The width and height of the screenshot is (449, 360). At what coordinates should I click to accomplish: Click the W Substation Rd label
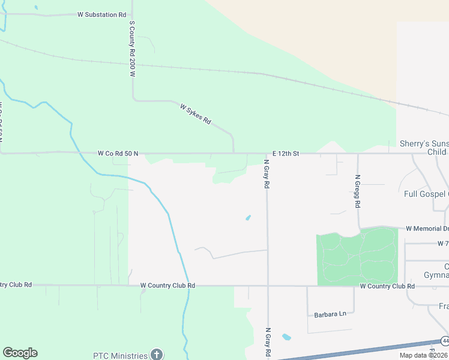tap(102, 14)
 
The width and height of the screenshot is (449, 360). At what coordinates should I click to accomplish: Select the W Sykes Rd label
tap(196, 113)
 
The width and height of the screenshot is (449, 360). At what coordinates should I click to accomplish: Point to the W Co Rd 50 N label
tap(118, 154)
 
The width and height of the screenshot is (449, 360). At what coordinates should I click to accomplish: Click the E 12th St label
tap(285, 154)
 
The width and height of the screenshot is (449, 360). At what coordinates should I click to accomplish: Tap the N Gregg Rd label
tap(358, 191)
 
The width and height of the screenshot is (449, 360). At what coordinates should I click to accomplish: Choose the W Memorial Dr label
tap(427, 229)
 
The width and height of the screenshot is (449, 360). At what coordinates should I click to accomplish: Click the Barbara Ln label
tap(330, 314)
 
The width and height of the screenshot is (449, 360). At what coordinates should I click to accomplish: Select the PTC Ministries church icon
tap(157, 355)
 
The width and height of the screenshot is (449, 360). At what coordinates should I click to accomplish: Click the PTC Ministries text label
tap(120, 355)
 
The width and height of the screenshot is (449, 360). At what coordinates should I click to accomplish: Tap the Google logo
tap(20, 353)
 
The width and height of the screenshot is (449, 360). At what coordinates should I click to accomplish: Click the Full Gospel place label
tap(426, 194)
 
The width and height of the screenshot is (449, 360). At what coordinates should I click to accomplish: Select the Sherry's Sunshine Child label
tap(424, 148)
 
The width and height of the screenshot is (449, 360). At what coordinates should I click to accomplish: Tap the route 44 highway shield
tap(444, 341)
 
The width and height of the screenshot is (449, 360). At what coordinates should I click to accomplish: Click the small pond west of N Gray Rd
tap(248, 217)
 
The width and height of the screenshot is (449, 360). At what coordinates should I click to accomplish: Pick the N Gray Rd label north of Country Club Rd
tap(266, 173)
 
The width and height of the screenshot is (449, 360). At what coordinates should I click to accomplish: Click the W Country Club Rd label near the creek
tap(167, 286)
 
